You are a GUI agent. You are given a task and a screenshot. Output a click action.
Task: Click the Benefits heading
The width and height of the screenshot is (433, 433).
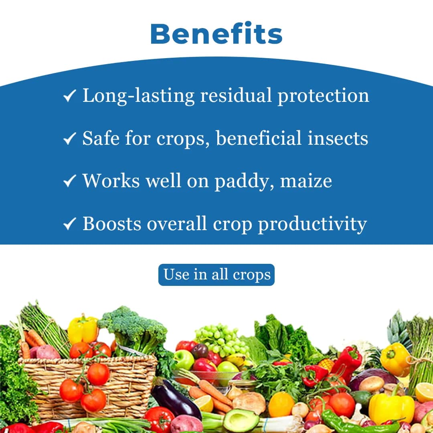216,34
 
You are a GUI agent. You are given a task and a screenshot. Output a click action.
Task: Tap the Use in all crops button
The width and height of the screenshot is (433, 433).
216,275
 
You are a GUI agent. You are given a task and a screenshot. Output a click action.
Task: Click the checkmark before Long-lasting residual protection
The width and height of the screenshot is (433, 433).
70,97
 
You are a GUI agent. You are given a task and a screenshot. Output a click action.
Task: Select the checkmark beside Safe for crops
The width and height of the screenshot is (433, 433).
70,139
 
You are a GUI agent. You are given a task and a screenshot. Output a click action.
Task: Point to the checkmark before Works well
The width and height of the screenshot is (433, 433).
70,182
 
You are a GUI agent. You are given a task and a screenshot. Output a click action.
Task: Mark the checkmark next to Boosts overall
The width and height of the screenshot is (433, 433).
70,224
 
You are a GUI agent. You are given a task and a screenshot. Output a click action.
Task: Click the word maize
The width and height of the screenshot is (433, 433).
306,181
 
